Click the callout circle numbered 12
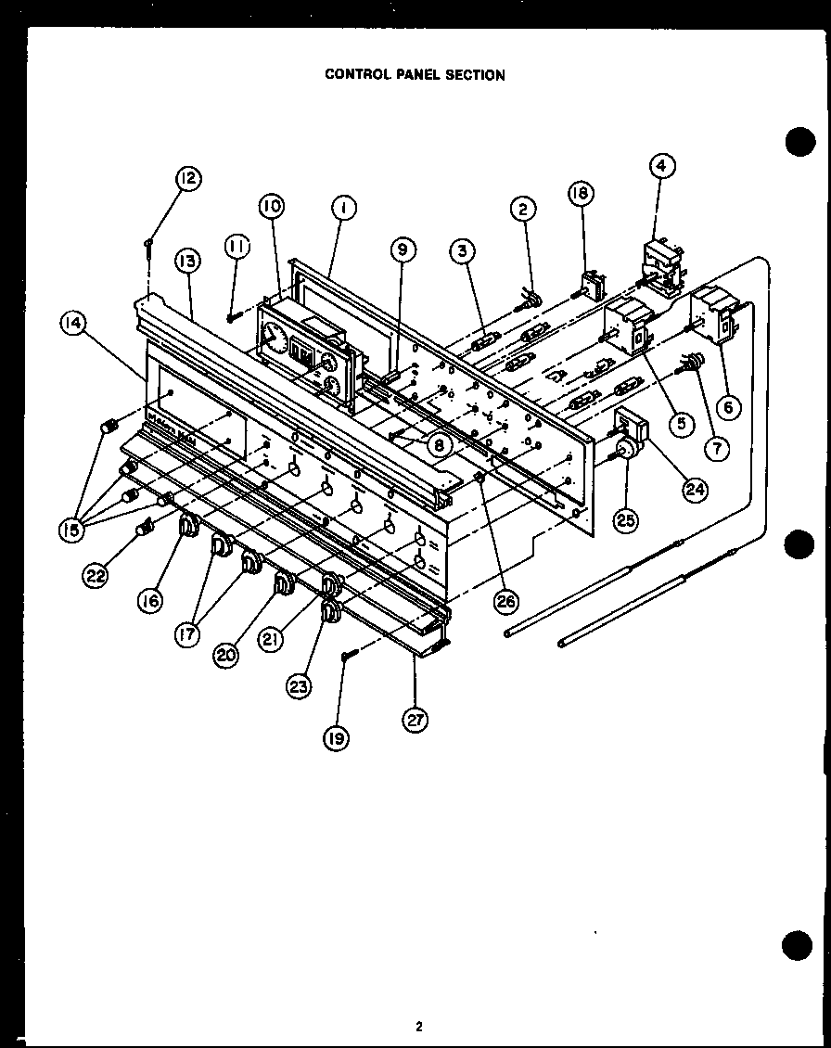coord(188,178)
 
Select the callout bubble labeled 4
coord(661,166)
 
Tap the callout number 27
coord(415,719)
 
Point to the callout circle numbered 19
coord(336,739)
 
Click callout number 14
coord(72,323)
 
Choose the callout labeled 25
coord(626,520)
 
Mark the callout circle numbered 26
coord(505,601)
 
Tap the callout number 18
coord(582,192)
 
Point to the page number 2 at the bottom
coord(418,1026)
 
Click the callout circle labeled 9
coord(403,249)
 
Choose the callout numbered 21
coord(270,641)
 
